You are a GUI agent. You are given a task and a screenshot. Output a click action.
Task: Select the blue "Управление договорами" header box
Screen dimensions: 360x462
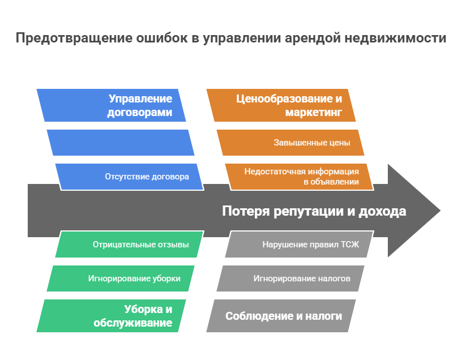tap(112, 105)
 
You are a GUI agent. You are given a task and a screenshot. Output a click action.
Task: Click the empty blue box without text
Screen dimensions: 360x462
tap(121, 142)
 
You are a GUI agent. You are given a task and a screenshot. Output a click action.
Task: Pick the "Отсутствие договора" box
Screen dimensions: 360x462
tap(129, 176)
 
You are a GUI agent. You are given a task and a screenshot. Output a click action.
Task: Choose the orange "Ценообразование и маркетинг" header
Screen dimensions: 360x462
tap(281, 105)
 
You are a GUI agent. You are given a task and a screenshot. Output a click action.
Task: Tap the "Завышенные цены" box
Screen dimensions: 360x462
tap(290, 142)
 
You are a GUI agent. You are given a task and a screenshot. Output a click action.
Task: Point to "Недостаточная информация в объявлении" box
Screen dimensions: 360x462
tap(300, 176)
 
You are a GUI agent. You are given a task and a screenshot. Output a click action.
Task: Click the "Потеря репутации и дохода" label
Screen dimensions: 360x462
tap(314, 211)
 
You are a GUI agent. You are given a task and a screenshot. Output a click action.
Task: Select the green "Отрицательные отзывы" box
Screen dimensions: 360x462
tap(129, 245)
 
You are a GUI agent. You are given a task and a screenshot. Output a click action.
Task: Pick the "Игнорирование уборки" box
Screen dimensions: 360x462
tap(121, 278)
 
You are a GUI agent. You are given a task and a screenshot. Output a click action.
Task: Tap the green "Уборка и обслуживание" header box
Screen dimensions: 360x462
tap(112, 316)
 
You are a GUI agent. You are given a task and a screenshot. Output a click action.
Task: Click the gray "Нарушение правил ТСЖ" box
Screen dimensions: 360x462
tap(300, 245)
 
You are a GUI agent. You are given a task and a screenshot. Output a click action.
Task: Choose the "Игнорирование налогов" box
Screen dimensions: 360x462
tap(290, 278)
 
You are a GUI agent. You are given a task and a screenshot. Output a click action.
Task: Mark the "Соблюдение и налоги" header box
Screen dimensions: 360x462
tap(281, 316)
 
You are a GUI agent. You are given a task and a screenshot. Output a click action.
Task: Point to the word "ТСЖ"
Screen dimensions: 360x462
tap(349, 245)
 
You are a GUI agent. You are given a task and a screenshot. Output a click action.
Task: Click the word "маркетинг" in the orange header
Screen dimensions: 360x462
tap(314, 113)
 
